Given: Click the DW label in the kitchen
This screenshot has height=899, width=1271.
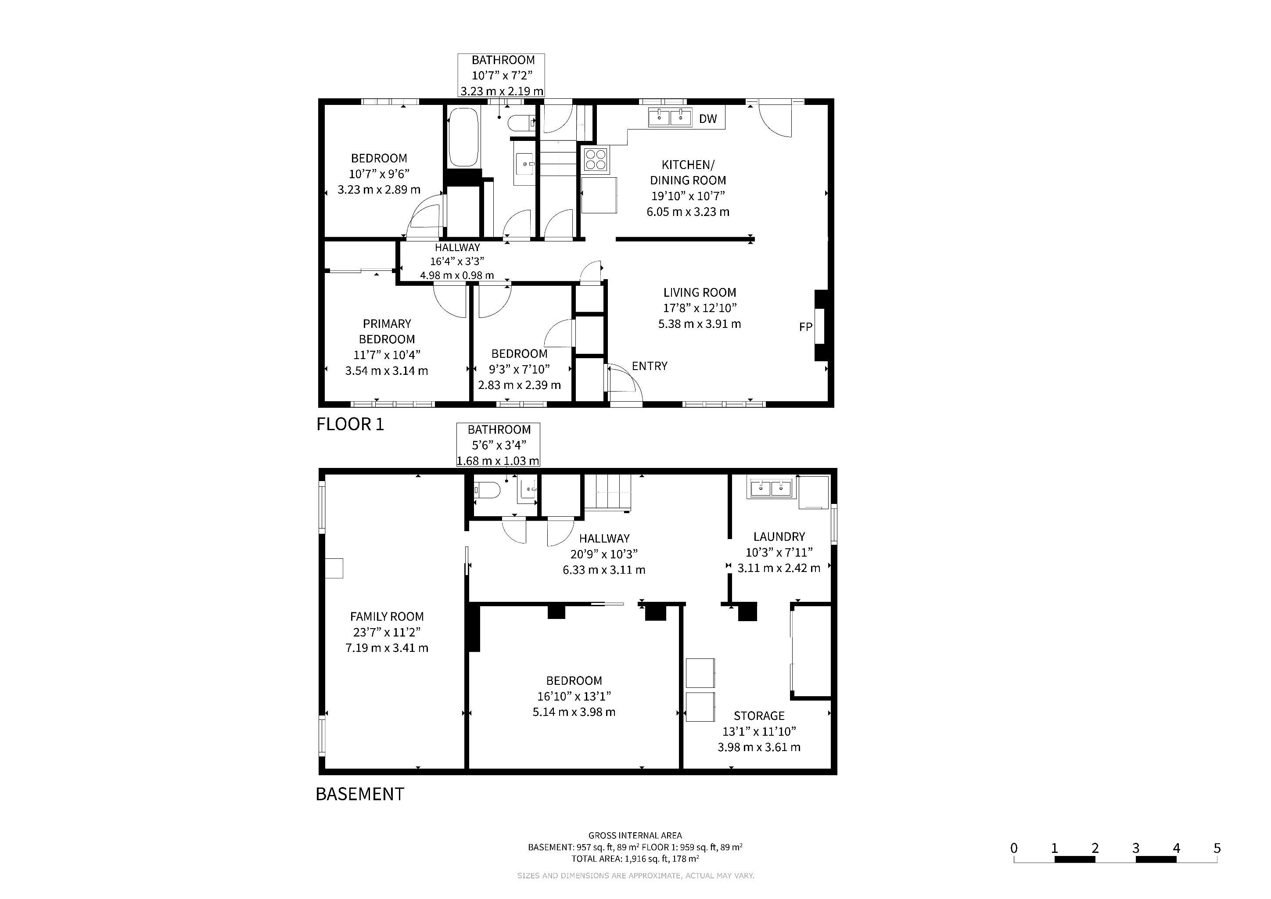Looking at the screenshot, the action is coord(707,119).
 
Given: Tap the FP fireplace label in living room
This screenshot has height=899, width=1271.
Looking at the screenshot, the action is coord(805,327).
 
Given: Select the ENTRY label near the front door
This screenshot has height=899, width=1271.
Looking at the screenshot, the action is coord(650,366).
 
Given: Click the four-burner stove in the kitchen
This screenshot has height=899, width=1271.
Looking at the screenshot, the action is coord(596,159).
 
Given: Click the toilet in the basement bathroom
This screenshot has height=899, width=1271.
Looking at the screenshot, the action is coord(487,490).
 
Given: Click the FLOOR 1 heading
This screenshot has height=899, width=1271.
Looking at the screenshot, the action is coord(350,424).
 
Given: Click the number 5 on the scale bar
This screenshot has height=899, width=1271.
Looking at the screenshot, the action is coord(1217,849).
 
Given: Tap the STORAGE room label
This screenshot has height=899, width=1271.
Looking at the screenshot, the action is coord(759,716).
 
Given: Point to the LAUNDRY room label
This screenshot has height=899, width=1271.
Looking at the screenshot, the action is coord(779,536).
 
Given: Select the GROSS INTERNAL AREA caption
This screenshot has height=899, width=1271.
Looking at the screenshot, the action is coord(635,835).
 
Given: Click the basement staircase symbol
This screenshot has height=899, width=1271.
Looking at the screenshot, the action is coord(608,492).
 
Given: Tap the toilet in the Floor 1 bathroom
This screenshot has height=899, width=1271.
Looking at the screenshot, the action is coord(521,123).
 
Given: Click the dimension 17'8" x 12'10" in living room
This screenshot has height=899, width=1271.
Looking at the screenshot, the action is coord(700,308).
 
